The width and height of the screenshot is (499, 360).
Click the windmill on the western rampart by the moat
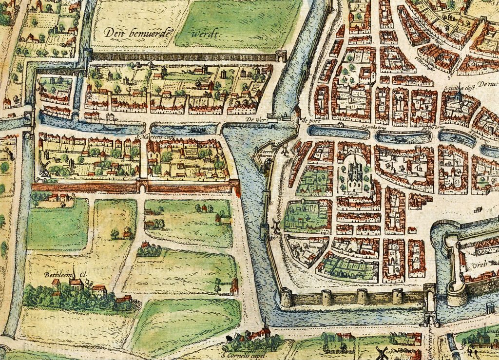[275, 225]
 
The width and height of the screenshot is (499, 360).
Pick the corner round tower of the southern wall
[286, 296]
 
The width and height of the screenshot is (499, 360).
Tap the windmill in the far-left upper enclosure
[42, 88]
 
